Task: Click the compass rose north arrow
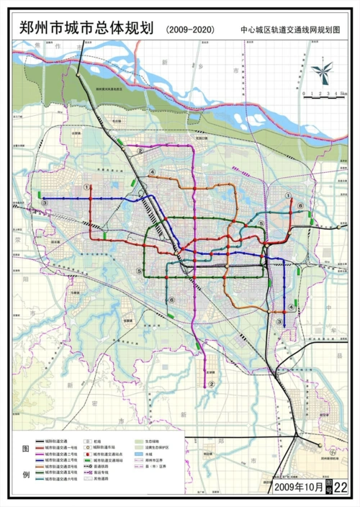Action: coord(322,71)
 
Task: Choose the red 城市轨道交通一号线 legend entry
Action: coord(62,447)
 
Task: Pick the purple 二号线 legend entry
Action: coord(62,453)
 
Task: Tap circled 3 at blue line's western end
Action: coord(45,204)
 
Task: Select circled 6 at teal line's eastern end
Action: coord(301,205)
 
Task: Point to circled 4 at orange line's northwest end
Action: coord(152,171)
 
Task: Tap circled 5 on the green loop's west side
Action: coord(139,271)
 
